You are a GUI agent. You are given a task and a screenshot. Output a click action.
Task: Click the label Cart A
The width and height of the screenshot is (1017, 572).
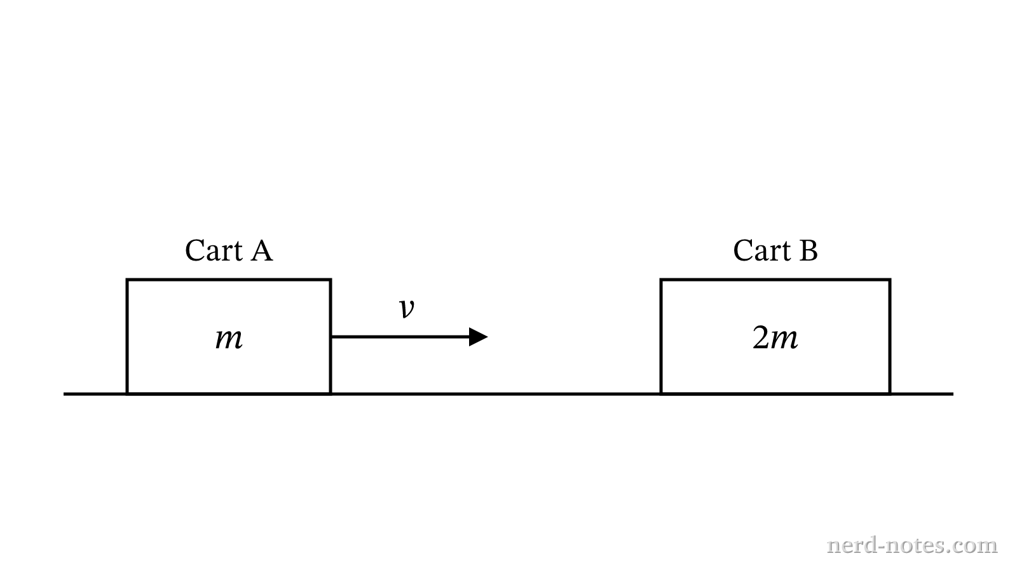click(x=229, y=250)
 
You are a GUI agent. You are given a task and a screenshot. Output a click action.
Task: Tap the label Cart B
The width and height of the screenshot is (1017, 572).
click(x=775, y=250)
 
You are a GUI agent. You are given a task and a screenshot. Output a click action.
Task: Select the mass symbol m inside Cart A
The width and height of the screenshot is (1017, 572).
click(x=229, y=339)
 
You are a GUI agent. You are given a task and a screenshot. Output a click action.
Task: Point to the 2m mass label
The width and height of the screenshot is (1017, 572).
click(x=775, y=337)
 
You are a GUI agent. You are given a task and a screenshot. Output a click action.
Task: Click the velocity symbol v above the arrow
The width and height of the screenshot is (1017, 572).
click(x=407, y=309)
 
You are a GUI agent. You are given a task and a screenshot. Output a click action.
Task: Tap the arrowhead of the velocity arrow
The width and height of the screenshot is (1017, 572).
click(x=479, y=337)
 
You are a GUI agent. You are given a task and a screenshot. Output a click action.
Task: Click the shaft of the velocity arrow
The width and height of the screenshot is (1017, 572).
click(x=400, y=337)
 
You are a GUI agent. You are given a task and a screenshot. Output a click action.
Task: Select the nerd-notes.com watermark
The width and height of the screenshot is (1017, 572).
click(x=912, y=545)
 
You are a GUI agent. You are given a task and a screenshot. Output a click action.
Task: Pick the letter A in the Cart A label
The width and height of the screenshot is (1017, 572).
click(x=261, y=250)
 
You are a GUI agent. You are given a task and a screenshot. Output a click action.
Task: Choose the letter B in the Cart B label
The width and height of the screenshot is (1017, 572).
click(x=809, y=250)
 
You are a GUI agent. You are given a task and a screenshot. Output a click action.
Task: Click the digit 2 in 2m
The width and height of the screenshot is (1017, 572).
click(x=760, y=337)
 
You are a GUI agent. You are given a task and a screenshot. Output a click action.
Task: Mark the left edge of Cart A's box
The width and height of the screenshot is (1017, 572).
click(x=127, y=336)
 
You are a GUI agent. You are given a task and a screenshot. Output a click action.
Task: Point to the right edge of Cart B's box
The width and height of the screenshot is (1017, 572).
click(x=890, y=336)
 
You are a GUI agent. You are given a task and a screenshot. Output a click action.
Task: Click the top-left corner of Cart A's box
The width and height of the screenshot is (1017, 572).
click(x=127, y=280)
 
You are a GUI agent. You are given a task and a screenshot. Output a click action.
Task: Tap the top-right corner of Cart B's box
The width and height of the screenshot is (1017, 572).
click(x=890, y=280)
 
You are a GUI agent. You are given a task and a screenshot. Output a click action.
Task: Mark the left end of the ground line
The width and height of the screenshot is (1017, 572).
click(x=64, y=394)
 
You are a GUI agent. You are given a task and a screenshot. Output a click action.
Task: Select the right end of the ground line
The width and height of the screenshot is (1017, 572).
click(x=953, y=394)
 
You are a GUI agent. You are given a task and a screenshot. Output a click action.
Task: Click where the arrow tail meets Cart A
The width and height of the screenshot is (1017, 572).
click(x=331, y=337)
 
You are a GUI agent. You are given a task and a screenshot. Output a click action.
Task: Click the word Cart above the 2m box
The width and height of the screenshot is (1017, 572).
click(x=761, y=250)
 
